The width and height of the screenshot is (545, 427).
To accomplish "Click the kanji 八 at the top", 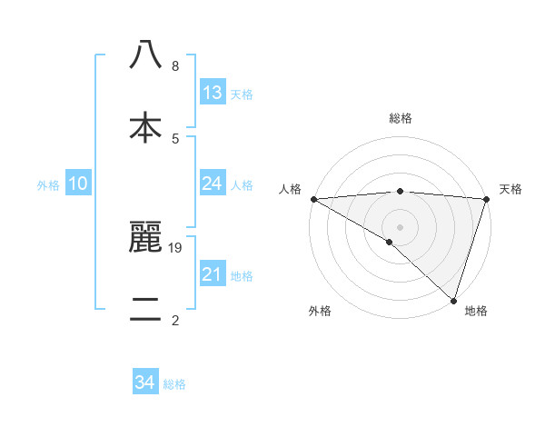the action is pyautogui.click(x=145, y=55).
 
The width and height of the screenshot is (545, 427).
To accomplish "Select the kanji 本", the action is pyautogui.click(x=145, y=127).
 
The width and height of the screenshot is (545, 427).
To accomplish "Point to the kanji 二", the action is pyautogui.click(x=145, y=309).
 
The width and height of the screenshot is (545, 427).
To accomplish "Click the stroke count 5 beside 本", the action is pyautogui.click(x=174, y=138).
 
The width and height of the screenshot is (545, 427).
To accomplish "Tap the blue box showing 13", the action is pyautogui.click(x=212, y=93).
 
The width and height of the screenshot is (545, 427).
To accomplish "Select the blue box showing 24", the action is pyautogui.click(x=212, y=184).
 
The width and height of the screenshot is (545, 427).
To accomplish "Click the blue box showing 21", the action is pyautogui.click(x=212, y=274).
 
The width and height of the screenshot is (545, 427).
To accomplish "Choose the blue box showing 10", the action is pyautogui.click(x=78, y=184).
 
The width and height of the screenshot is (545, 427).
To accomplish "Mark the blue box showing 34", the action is pyautogui.click(x=145, y=382).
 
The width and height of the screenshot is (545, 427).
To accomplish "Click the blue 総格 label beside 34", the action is pyautogui.click(x=174, y=384).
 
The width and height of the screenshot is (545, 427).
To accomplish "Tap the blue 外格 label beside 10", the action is pyautogui.click(x=48, y=184).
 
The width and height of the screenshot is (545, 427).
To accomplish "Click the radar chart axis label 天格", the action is pyautogui.click(x=511, y=189).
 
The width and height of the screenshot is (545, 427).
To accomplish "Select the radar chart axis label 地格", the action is pyautogui.click(x=476, y=311).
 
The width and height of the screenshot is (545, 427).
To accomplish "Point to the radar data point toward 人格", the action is pyautogui.click(x=313, y=199).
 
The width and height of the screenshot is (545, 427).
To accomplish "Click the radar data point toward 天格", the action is pyautogui.click(x=486, y=199).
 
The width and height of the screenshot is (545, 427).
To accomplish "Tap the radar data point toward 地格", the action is pyautogui.click(x=453, y=301).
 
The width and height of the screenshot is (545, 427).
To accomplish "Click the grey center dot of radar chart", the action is pyautogui.click(x=400, y=226).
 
